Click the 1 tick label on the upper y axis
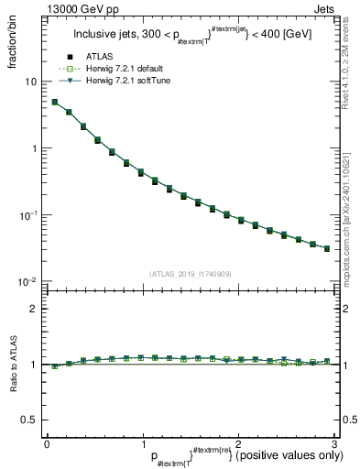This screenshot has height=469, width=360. tap(36, 148)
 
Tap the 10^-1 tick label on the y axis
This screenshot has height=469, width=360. tap(30, 215)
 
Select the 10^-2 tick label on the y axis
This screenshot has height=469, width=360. tap(30, 282)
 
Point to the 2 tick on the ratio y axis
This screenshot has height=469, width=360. tap(36, 309)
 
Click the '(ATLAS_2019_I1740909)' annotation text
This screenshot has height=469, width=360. tap(191, 274)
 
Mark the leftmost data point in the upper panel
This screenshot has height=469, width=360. tap(54, 103)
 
